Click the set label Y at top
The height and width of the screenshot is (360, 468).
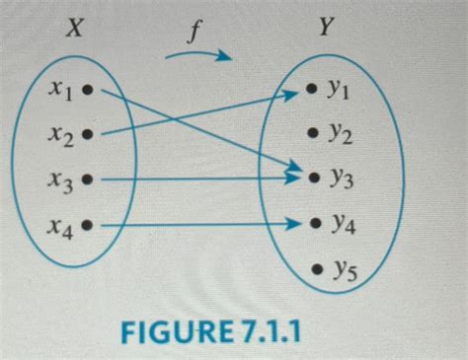point(325,30)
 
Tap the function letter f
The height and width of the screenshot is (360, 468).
point(197,32)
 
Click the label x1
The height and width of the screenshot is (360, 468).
point(59,90)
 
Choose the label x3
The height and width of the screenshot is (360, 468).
point(60,180)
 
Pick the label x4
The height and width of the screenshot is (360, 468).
point(60,226)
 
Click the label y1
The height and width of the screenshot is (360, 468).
point(340,91)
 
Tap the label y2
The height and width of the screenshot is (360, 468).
point(340,132)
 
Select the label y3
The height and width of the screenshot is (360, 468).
point(341,179)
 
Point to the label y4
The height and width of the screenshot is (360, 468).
point(341,225)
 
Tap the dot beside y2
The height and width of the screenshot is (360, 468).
point(313,131)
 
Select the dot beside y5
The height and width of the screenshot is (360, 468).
point(314,267)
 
